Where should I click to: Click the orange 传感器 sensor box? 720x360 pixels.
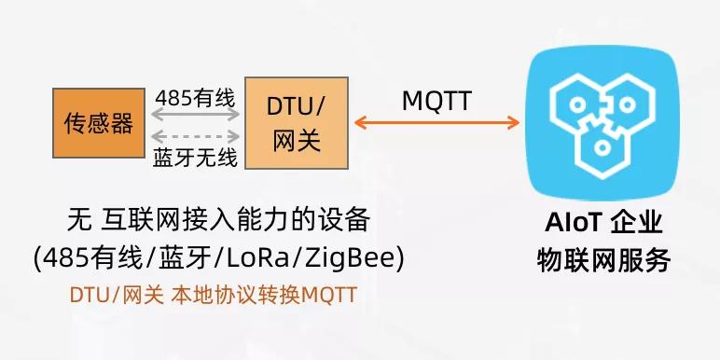tap(98, 122)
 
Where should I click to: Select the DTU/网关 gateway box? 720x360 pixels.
tap(296, 122)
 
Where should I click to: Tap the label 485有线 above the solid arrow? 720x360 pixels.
tap(195, 96)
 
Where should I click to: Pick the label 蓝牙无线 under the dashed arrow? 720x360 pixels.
tap(195, 157)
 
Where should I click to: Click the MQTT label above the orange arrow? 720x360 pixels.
tap(436, 98)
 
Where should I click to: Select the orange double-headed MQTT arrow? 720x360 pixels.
tap(436, 121)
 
